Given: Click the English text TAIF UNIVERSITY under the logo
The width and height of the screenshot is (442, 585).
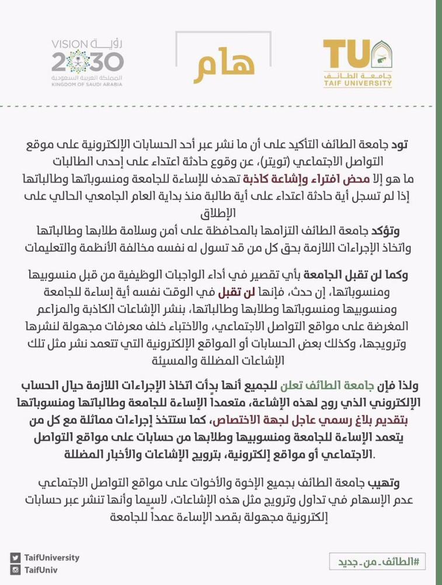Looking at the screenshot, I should [356, 84].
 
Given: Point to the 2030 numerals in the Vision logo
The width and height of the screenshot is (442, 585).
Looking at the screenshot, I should [88, 62].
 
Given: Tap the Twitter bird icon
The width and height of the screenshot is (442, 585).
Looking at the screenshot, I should [15, 558].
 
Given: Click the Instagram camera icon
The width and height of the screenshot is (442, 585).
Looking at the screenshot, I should [15, 569].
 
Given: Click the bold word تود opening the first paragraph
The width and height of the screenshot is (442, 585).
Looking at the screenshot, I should [406, 145].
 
